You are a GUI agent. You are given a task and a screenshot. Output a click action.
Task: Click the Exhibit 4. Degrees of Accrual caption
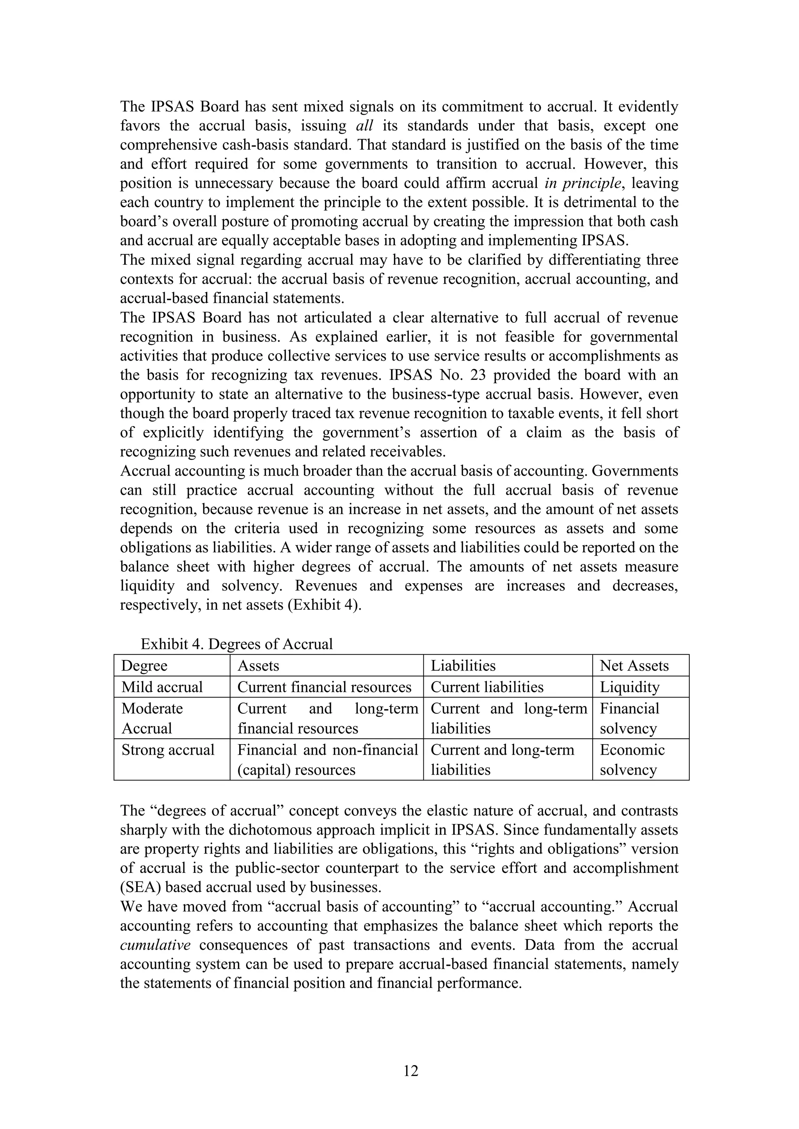click(237, 644)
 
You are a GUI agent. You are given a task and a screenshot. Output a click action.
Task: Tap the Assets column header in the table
click(258, 666)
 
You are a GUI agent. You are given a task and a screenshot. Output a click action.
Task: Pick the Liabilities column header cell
click(463, 666)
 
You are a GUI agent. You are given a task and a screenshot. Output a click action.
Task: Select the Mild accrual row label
click(162, 687)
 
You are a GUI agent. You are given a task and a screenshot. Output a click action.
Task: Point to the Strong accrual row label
click(168, 750)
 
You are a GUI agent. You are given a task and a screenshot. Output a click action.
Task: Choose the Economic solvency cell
click(632, 760)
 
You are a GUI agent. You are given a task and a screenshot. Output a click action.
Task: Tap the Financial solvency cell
click(629, 718)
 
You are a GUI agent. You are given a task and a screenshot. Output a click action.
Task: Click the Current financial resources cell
click(324, 687)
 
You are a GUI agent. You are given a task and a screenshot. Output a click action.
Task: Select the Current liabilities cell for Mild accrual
click(487, 687)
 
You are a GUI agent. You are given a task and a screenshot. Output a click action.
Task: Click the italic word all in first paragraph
click(364, 126)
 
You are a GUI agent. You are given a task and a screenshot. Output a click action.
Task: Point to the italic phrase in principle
click(582, 183)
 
